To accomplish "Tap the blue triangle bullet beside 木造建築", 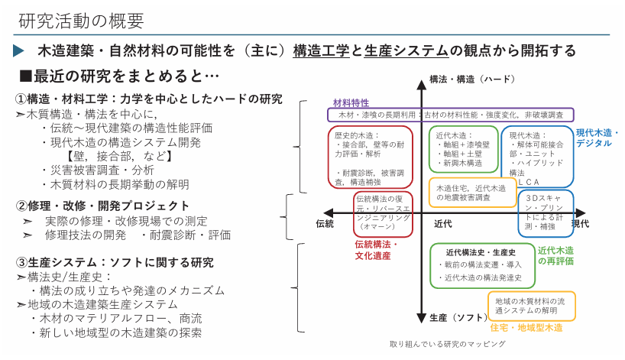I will click(x=19, y=51).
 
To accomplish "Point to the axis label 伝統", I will click(x=325, y=223).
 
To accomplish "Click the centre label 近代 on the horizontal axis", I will click(x=443, y=223).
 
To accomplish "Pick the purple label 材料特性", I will click(x=351, y=102).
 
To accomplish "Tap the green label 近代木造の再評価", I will click(x=555, y=255).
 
